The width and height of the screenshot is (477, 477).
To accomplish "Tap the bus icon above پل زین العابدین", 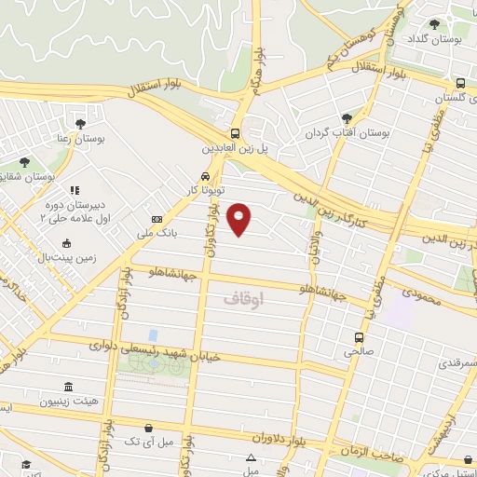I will tap(236, 132).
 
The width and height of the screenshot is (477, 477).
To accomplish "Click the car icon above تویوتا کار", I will tap(204, 175).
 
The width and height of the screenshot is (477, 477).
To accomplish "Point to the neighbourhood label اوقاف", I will tap(245, 300).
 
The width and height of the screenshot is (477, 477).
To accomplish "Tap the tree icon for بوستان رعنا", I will tap(80, 122).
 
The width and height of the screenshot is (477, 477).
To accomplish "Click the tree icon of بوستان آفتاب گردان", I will tap(347, 118).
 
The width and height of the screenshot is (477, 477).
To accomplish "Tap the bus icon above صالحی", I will tap(360, 337).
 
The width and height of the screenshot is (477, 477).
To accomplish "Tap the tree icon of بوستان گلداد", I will tap(435, 26).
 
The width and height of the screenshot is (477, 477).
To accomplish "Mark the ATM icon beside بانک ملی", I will tap(156, 221).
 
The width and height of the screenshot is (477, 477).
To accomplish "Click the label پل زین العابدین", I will tap(237, 147).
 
